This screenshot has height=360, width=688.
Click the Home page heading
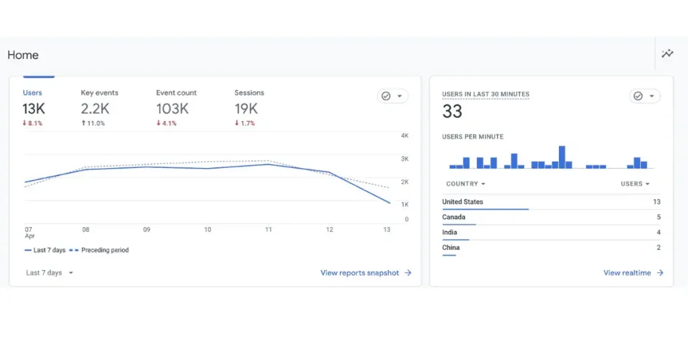[23, 55]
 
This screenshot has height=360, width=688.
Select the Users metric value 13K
[34, 109]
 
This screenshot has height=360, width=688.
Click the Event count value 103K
[173, 109]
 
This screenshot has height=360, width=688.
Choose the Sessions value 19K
[246, 109]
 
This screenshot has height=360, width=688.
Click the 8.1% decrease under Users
[32, 124]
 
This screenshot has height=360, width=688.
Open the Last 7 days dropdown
[50, 273]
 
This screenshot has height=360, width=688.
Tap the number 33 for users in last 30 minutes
[452, 111]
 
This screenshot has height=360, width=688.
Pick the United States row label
[462, 201]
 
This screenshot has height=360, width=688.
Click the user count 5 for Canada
[658, 217]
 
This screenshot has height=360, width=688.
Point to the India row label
[449, 232]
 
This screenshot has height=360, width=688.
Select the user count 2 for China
[658, 248]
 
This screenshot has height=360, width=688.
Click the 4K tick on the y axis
[404, 136]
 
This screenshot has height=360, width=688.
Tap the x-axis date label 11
[268, 230]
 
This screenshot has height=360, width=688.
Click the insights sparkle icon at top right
[667, 54]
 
